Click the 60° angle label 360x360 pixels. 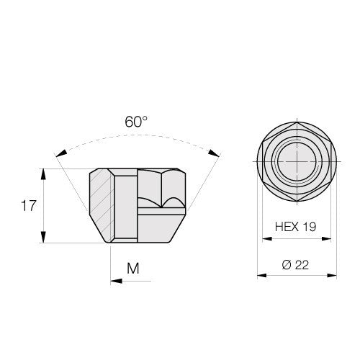pyautogui.click(x=136, y=122)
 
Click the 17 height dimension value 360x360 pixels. pyautogui.click(x=29, y=206)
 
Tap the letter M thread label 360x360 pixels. pyautogui.click(x=133, y=269)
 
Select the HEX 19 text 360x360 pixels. pyautogui.click(x=295, y=227)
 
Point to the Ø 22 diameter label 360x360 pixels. pyautogui.click(x=295, y=265)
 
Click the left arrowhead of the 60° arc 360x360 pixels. pyautogui.click(x=61, y=153)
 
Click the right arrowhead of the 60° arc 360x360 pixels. pyautogui.click(x=214, y=153)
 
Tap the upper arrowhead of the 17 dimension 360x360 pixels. pyautogui.click(x=43, y=174)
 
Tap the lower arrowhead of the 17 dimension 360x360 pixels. pyautogui.click(x=43, y=237)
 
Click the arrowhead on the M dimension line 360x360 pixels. pyautogui.click(x=117, y=281)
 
